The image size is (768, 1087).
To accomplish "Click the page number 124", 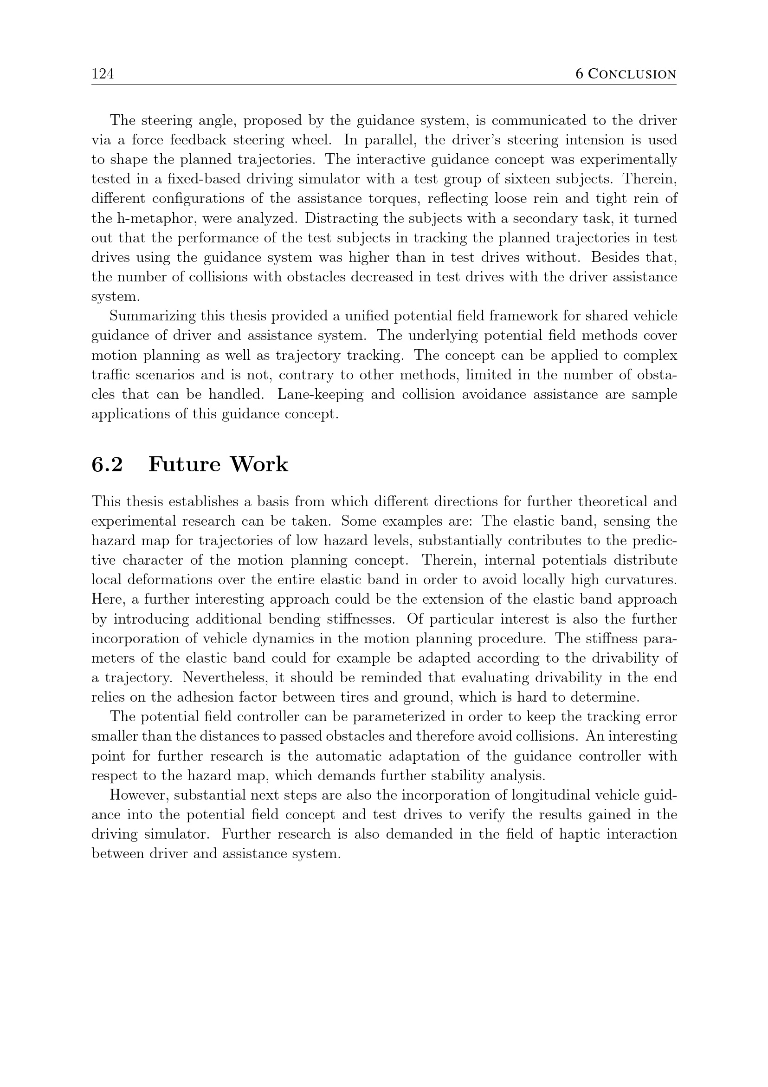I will [103, 74].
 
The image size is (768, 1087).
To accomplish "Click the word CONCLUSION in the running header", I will [632, 74].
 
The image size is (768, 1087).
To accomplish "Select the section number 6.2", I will [107, 464].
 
